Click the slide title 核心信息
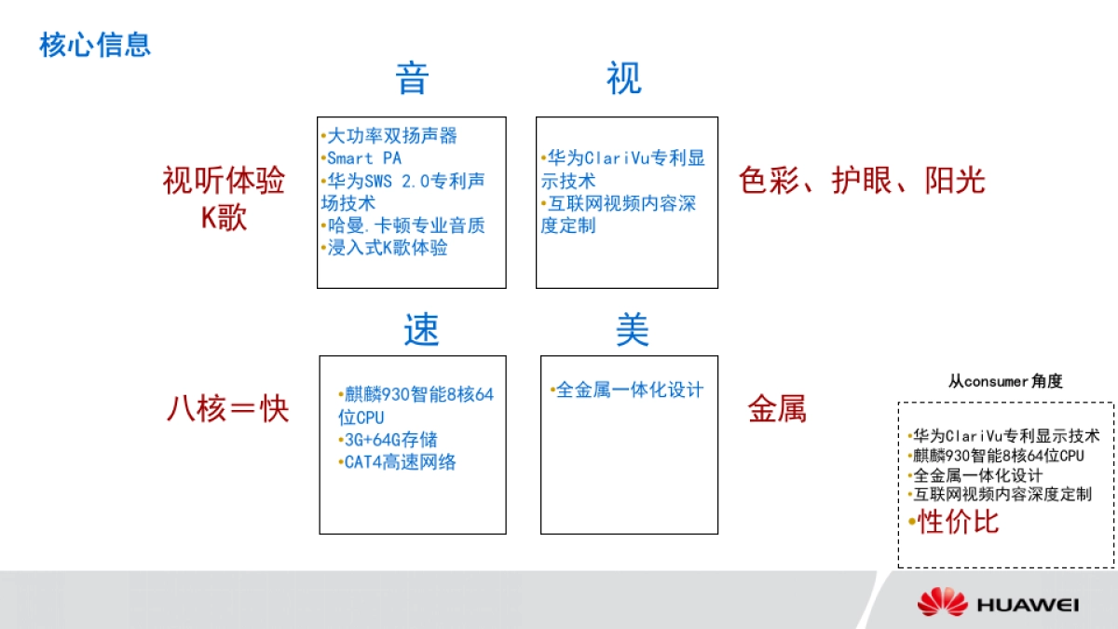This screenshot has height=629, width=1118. tap(95, 45)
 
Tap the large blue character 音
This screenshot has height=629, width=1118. tap(412, 78)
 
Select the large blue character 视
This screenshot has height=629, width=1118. tap(623, 78)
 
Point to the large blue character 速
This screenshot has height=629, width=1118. tap(421, 330)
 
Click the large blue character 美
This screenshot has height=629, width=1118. tap(632, 330)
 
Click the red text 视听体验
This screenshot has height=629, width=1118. tap(224, 181)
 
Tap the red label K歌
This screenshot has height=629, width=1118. tap(224, 218)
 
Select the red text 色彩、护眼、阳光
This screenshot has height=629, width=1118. tap(862, 181)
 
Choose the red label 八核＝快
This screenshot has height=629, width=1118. tap(228, 409)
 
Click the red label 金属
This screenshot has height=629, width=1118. tap(777, 409)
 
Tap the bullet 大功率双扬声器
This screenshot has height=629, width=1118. tap(391, 136)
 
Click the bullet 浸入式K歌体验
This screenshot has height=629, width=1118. tap(387, 249)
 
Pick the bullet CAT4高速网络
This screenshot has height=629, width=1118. tap(400, 462)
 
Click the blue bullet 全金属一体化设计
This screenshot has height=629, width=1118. tap(629, 390)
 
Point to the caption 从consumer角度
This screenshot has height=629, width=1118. tap(1005, 381)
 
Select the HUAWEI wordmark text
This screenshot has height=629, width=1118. tap(1028, 606)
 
